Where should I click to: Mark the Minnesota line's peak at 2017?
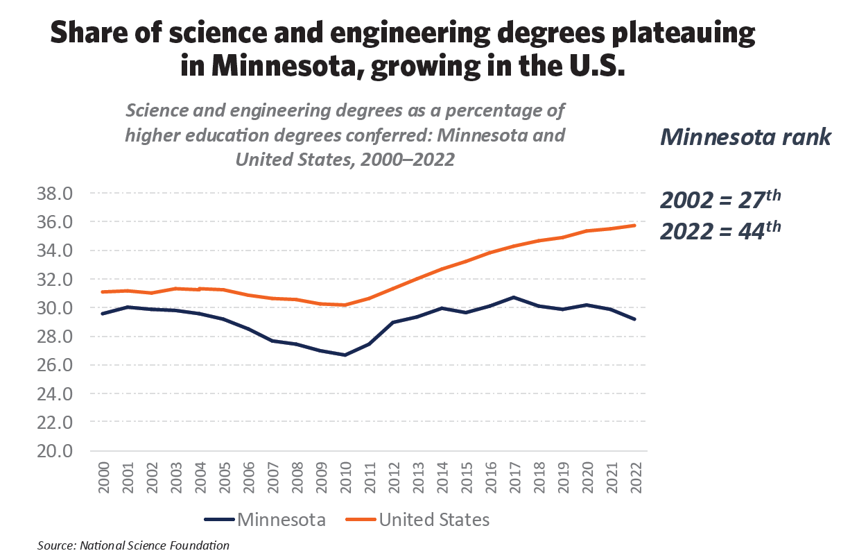[x=513, y=297]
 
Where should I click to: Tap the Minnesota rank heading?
[x=745, y=137]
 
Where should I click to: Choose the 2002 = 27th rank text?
[x=720, y=199]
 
